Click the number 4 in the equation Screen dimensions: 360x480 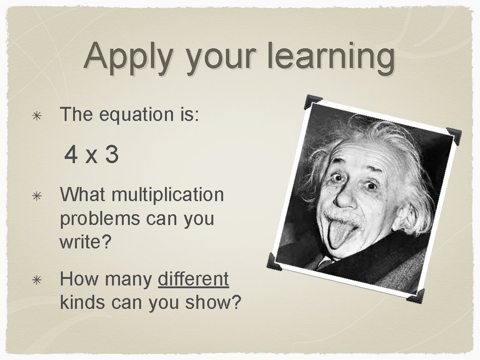pyautogui.click(x=72, y=155)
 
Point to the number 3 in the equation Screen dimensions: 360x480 pyautogui.click(x=112, y=155)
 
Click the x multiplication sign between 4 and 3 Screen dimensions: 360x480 pyautogui.click(x=91, y=156)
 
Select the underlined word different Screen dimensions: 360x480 pyautogui.click(x=194, y=280)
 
